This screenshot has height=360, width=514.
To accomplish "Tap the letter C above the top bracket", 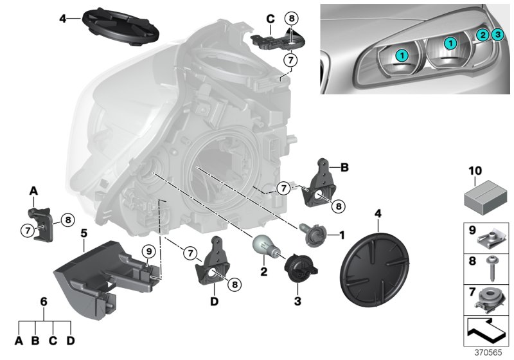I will [x=270, y=19].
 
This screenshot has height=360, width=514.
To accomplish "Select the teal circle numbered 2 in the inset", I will [x=482, y=35].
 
